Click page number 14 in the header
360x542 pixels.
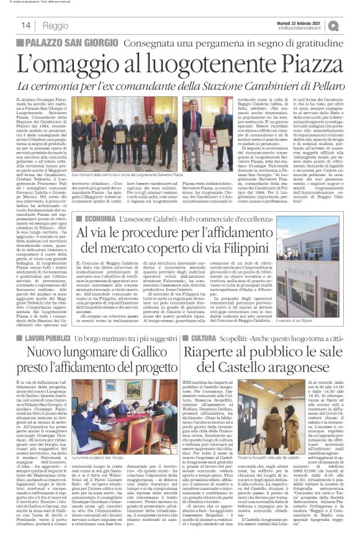(27, 25)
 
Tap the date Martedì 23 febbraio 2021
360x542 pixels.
(305, 22)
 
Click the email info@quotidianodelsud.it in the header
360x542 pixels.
(304, 28)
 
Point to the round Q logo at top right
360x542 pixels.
(351, 25)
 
